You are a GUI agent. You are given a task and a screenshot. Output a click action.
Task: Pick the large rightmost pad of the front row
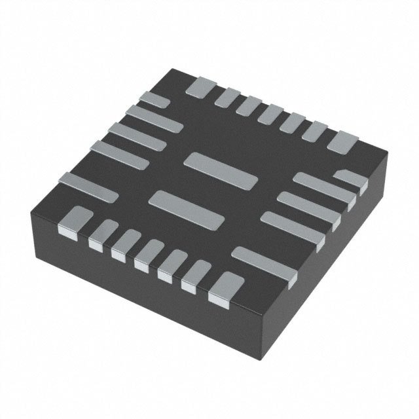click(222, 289)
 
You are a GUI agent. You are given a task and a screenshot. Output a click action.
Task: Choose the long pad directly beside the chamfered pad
click(322, 183)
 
